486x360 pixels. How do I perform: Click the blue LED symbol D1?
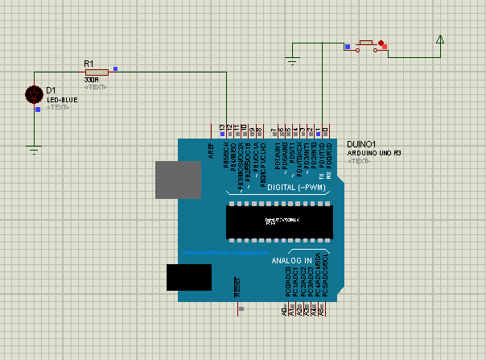34,94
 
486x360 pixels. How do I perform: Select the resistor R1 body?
96,72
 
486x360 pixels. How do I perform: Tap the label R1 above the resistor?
89,62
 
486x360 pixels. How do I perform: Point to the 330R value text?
91,81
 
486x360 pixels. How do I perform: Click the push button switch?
369,45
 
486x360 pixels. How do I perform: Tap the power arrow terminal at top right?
440,39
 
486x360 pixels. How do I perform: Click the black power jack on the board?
188,276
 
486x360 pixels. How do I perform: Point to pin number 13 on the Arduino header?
221,127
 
